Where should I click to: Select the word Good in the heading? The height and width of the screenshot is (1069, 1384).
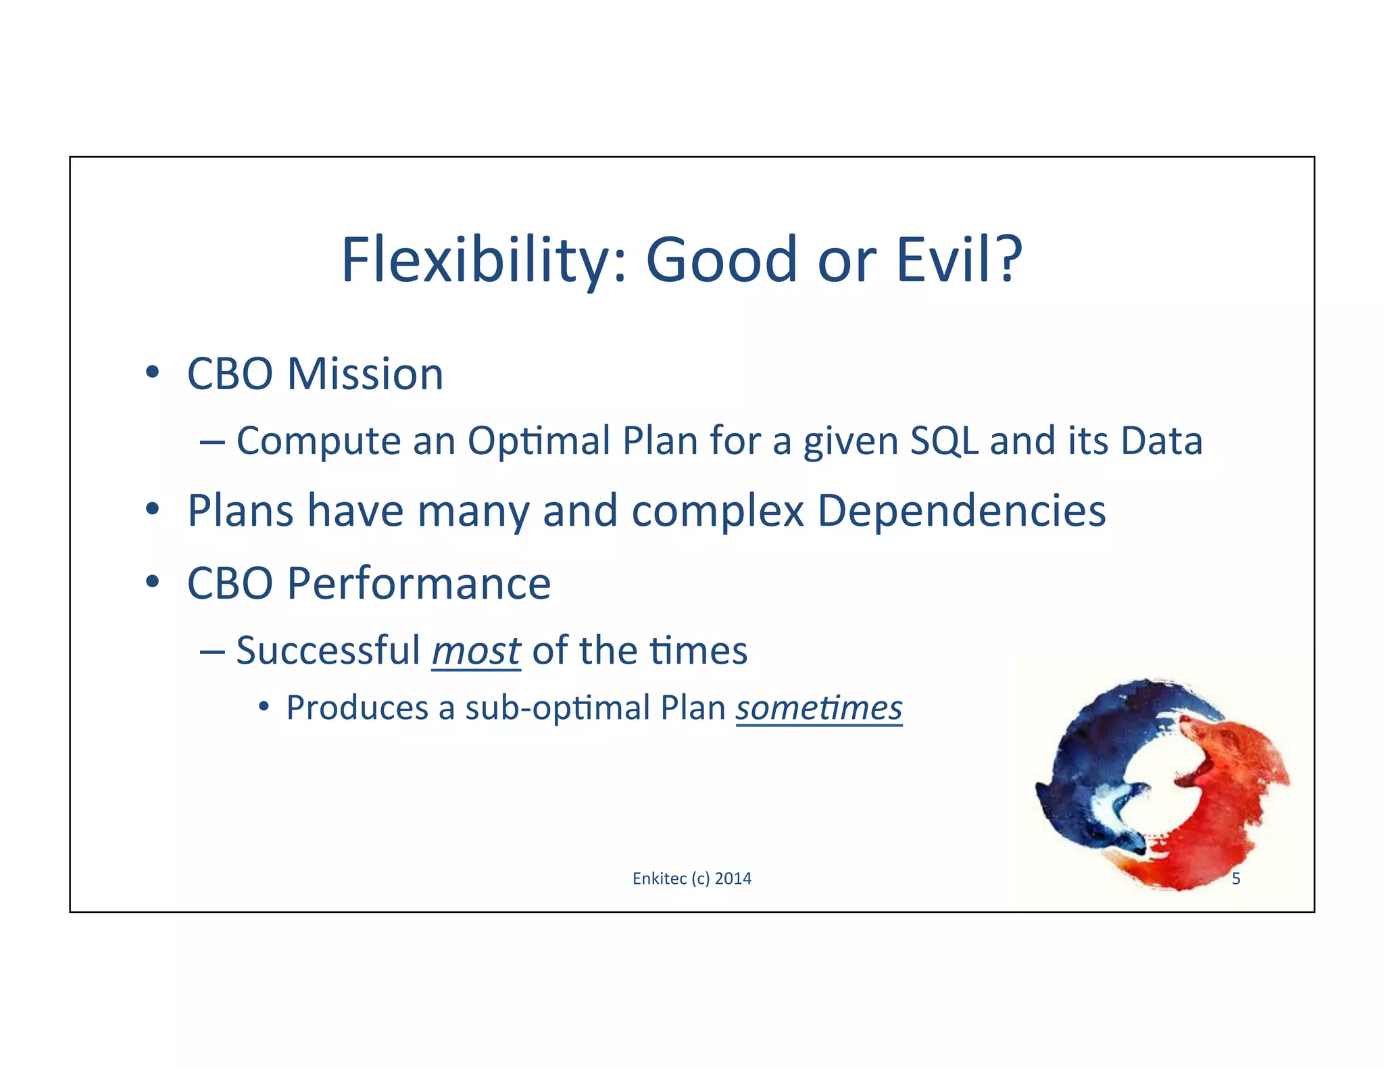(722, 259)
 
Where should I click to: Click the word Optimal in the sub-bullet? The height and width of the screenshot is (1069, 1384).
(539, 441)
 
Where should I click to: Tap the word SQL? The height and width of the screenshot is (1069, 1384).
(944, 441)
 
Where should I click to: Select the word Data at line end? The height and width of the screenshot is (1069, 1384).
(1161, 441)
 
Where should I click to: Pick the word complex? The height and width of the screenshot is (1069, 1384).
(717, 512)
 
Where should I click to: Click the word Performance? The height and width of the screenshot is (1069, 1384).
(418, 583)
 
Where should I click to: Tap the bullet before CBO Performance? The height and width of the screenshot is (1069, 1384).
(153, 582)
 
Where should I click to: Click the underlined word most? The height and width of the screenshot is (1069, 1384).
(476, 651)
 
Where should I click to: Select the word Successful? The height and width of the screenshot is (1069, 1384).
(328, 651)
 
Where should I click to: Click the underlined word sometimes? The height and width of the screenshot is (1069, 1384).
(818, 708)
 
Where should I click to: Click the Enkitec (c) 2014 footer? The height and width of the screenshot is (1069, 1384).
(691, 878)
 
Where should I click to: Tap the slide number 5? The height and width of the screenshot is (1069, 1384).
(1236, 878)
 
